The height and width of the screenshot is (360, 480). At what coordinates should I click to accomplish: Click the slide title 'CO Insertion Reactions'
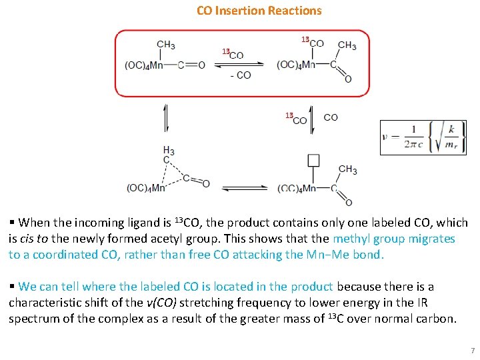259,11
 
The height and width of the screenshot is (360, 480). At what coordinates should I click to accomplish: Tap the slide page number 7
472,351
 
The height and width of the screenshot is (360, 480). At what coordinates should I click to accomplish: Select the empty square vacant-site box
313,160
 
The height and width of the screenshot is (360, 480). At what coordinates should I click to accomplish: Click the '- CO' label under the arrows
240,75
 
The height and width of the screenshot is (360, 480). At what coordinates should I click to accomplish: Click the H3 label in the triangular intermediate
169,151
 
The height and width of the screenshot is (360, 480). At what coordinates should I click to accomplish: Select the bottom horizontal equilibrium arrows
244,189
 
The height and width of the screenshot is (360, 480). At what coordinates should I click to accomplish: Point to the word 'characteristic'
49,303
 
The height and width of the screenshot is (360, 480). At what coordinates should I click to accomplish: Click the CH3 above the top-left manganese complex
167,45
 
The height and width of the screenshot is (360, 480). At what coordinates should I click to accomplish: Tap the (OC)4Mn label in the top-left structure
144,65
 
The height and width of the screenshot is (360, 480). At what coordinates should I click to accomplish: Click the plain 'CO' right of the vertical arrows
331,117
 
